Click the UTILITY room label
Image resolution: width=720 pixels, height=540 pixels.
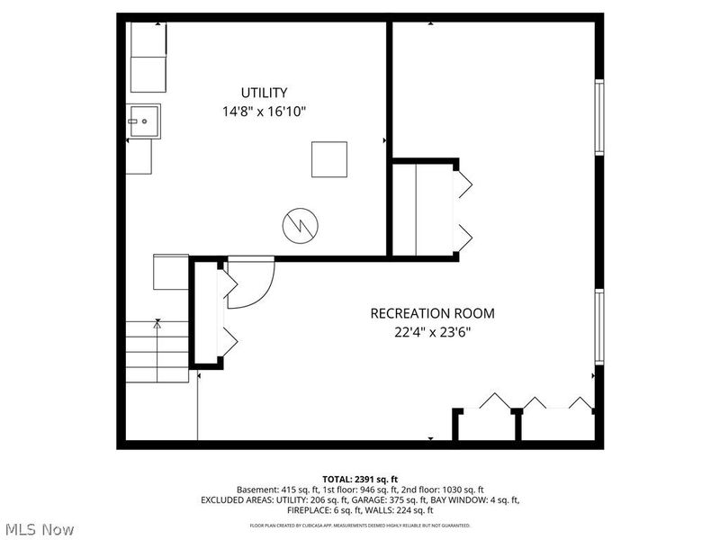[264, 93]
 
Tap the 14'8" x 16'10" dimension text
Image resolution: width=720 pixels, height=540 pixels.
[264, 112]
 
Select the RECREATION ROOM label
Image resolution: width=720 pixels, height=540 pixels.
[432, 313]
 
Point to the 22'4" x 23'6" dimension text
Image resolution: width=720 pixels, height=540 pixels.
[432, 331]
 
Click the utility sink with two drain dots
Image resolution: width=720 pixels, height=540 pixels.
[143, 120]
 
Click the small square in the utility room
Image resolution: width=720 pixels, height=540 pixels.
[329, 159]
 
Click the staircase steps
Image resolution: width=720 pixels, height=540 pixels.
[157, 351]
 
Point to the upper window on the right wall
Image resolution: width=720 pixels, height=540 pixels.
[598, 117]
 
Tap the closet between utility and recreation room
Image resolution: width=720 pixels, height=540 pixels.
[423, 210]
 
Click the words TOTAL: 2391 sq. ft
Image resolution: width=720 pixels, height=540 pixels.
[360, 478]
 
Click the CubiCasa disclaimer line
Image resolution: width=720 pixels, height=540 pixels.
[360, 524]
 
